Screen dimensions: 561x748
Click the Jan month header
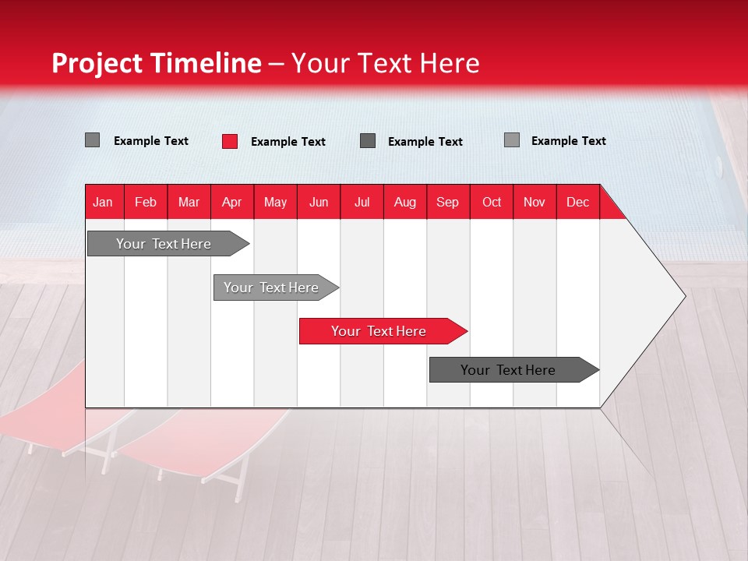pyautogui.click(x=103, y=202)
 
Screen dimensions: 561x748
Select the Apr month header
pyautogui.click(x=231, y=202)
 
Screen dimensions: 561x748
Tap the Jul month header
pyautogui.click(x=362, y=202)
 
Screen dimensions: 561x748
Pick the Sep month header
pyautogui.click(x=447, y=202)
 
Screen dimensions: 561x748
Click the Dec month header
pyautogui.click(x=577, y=202)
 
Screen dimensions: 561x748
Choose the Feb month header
pyautogui.click(x=146, y=202)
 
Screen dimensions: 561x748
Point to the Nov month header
pyautogui.click(x=534, y=202)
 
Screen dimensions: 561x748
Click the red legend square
pyautogui.click(x=230, y=141)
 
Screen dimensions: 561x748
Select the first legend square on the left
pyautogui.click(x=93, y=140)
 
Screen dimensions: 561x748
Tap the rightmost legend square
pyautogui.click(x=512, y=140)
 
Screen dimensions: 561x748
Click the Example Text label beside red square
pyautogui.click(x=288, y=142)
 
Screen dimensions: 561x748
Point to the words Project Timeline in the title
pyautogui.click(x=156, y=63)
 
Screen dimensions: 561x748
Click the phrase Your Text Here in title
pyautogui.click(x=385, y=63)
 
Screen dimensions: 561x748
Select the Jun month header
pyautogui.click(x=318, y=202)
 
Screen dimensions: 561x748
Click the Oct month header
pyautogui.click(x=491, y=202)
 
